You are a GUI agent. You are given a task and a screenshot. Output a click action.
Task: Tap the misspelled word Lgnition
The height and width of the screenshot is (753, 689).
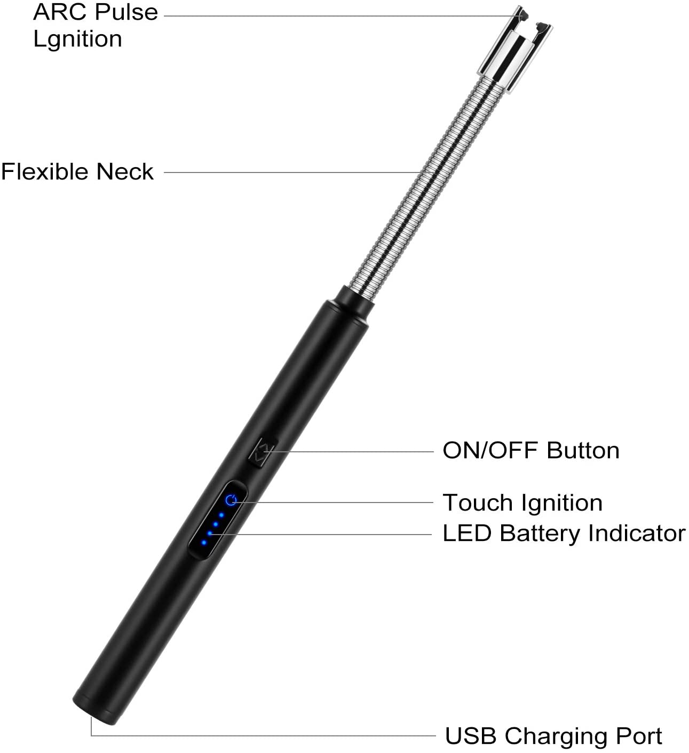click(x=78, y=39)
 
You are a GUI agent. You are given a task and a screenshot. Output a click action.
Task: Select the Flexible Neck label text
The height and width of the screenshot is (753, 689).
click(x=77, y=172)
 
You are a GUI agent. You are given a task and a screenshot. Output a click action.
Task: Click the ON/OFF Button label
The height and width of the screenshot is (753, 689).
click(x=531, y=451)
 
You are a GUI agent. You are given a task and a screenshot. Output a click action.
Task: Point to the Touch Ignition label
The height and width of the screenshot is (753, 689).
click(x=522, y=503)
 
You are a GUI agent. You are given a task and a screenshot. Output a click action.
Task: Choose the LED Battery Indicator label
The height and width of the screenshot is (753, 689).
click(x=564, y=534)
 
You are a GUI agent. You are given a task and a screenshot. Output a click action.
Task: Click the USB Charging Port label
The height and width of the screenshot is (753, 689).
click(x=553, y=736)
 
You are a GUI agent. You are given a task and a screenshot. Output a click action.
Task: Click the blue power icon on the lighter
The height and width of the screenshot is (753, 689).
click(x=231, y=500)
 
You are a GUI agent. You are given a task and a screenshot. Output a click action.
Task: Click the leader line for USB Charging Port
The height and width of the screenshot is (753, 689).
click(x=267, y=736)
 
